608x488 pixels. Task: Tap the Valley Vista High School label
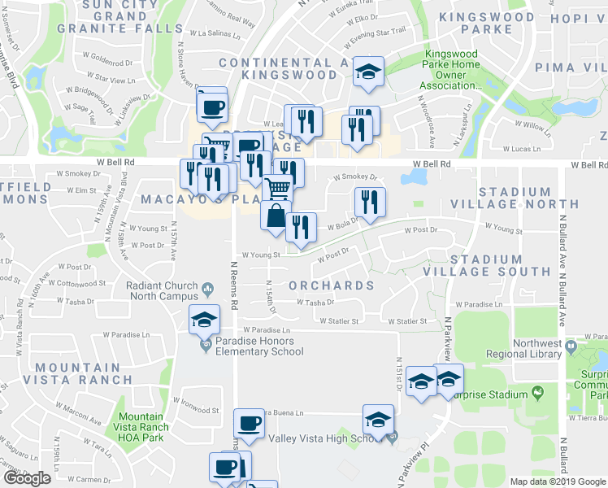(x=324, y=438)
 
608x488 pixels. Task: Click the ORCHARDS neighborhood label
(x=332, y=285)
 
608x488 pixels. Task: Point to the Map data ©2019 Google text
(x=558, y=481)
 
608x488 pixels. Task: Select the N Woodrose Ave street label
(x=425, y=120)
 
